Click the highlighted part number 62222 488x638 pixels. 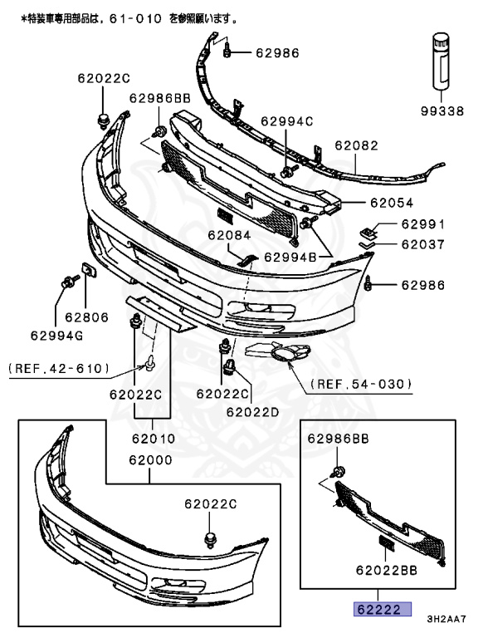tap(378, 609)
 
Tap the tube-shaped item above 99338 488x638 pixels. tap(439, 59)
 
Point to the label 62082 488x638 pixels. tap(356, 145)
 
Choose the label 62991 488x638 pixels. tap(423, 224)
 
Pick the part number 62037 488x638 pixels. tap(423, 245)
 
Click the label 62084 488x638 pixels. tap(229, 235)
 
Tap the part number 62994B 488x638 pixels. tap(290, 258)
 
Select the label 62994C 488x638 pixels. tap(286, 121)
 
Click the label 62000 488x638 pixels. tap(150, 458)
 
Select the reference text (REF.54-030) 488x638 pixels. tap(361, 384)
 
